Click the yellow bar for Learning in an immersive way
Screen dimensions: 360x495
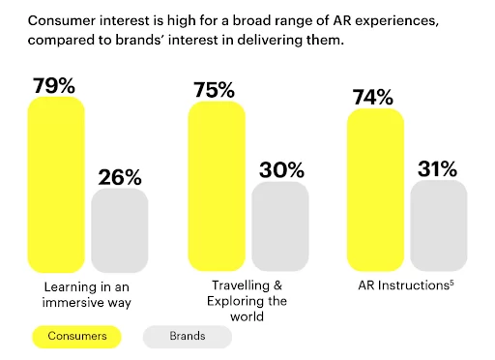point(57,184)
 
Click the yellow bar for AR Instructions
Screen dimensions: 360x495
point(374,188)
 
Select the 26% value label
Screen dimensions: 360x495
point(120,177)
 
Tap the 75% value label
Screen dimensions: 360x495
point(213,90)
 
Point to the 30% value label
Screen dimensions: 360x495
point(280,170)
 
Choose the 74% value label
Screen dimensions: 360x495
point(372,97)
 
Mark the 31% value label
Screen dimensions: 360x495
point(438,170)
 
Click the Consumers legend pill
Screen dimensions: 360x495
point(76,336)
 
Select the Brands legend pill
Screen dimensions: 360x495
point(188,336)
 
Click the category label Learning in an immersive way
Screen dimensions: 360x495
point(88,295)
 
